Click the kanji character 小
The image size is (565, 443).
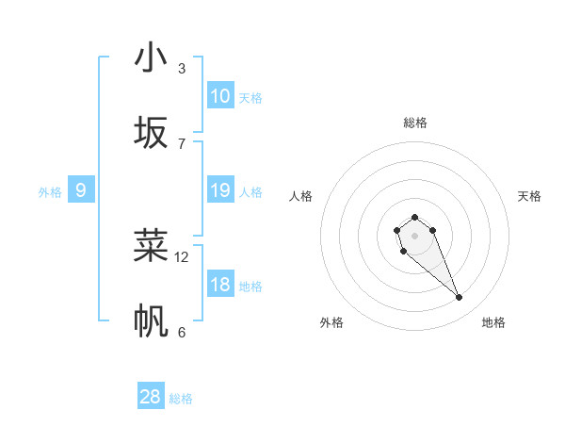pos(152,57)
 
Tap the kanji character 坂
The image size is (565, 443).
pos(152,133)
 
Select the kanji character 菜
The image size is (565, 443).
pos(152,246)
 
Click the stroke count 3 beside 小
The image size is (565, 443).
pos(182,68)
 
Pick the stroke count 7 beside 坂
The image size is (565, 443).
pos(182,143)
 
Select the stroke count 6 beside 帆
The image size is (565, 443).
pos(182,332)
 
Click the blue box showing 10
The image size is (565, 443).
pos(220,96)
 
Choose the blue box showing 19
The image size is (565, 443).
pos(220,190)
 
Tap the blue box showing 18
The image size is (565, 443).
pos(220,285)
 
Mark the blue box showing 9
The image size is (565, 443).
pos(81,190)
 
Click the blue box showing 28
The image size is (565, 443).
pos(151,397)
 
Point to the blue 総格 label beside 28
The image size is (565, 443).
pos(182,399)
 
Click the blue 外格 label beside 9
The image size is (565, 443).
pos(50,192)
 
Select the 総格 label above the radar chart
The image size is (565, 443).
pos(415,123)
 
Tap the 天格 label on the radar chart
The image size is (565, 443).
pos(530,196)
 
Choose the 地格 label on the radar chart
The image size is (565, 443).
pos(493,322)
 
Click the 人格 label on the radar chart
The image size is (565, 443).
pos(301,196)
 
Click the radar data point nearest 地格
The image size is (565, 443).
pos(460,298)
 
